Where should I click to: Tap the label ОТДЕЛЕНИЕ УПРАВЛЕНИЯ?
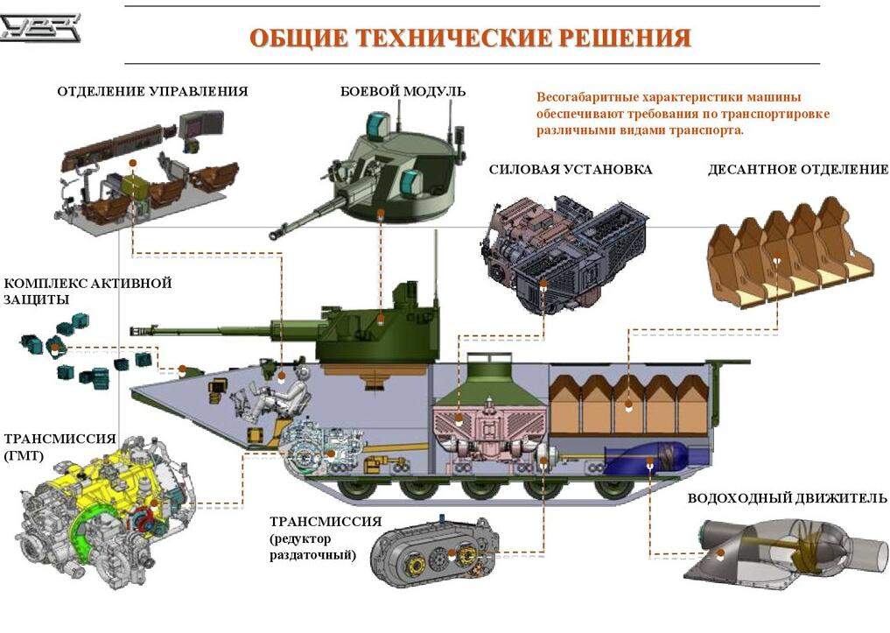(152, 91)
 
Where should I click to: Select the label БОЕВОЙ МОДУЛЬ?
(403, 91)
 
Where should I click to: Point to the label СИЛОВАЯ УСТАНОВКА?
(571, 169)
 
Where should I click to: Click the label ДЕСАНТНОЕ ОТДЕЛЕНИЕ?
(798, 169)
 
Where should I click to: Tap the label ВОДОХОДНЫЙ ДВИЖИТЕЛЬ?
(787, 498)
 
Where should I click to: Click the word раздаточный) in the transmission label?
(312, 555)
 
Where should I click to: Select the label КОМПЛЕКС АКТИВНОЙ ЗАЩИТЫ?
(88, 291)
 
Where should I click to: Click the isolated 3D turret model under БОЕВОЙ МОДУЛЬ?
(369, 171)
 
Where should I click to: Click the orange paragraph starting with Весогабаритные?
(683, 114)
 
